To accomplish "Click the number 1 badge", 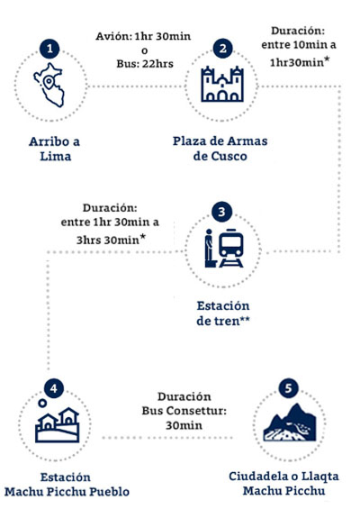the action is coord(49,49).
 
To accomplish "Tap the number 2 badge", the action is coord(222,49).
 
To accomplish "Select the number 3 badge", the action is coord(221,212).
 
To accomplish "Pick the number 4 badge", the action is coord(53,388).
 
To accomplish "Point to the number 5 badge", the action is coord(288,388).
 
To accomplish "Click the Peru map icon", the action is coord(49,85).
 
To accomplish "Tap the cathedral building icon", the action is coord(222,84).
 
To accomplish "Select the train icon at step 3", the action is coord(231,248).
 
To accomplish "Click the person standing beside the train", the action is coord(209,248).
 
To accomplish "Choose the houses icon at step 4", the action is coord(58,425).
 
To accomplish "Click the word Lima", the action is coord(56,156).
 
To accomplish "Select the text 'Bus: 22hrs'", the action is coord(145,63).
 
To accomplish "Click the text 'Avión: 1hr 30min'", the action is coord(143,36).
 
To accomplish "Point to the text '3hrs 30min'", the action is coord(108,240).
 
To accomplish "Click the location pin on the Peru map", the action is coord(49,82).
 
